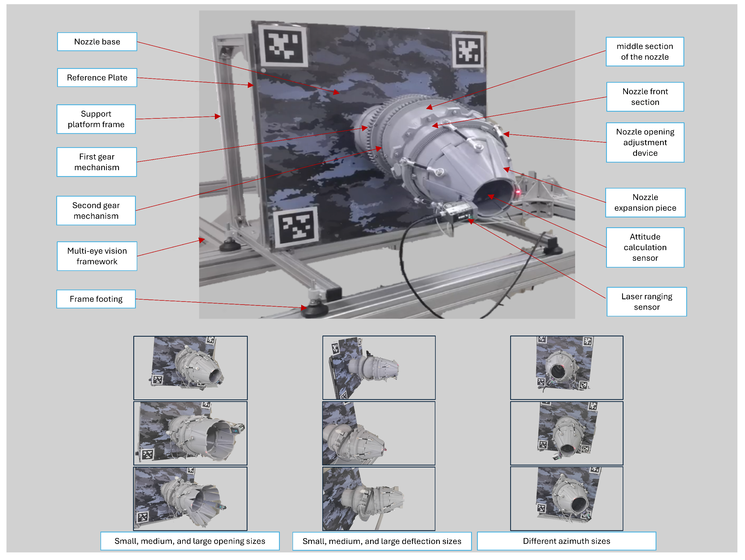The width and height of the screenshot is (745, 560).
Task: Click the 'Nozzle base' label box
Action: click(x=97, y=42)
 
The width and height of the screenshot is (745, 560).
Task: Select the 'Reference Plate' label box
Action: click(x=97, y=77)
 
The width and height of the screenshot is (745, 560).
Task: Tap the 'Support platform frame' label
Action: click(x=96, y=119)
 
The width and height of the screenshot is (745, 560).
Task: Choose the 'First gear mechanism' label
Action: click(x=97, y=162)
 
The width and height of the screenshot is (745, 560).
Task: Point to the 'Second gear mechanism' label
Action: click(x=96, y=210)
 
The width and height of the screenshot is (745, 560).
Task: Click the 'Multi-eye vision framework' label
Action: click(x=97, y=256)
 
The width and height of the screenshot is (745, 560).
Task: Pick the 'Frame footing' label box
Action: click(x=96, y=299)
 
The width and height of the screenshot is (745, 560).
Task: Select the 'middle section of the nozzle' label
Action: click(x=645, y=51)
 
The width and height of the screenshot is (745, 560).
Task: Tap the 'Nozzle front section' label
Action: click(x=645, y=97)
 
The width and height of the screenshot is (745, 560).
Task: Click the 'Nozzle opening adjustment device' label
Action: click(x=645, y=142)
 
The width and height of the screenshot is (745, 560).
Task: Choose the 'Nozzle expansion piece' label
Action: click(x=645, y=203)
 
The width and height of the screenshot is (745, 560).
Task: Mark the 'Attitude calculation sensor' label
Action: click(x=645, y=248)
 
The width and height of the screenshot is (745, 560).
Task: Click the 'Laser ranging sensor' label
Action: click(x=646, y=302)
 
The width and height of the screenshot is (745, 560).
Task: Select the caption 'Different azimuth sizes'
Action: click(x=566, y=541)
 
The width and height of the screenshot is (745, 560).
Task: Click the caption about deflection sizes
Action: click(x=382, y=541)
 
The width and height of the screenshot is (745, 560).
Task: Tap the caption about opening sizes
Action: click(x=190, y=541)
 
